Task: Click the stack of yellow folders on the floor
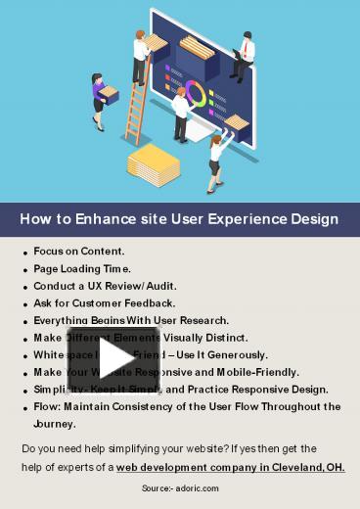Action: click(x=153, y=163)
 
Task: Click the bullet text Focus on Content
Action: click(x=78, y=252)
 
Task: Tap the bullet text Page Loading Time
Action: click(x=82, y=268)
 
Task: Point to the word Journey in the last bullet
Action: click(x=55, y=425)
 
